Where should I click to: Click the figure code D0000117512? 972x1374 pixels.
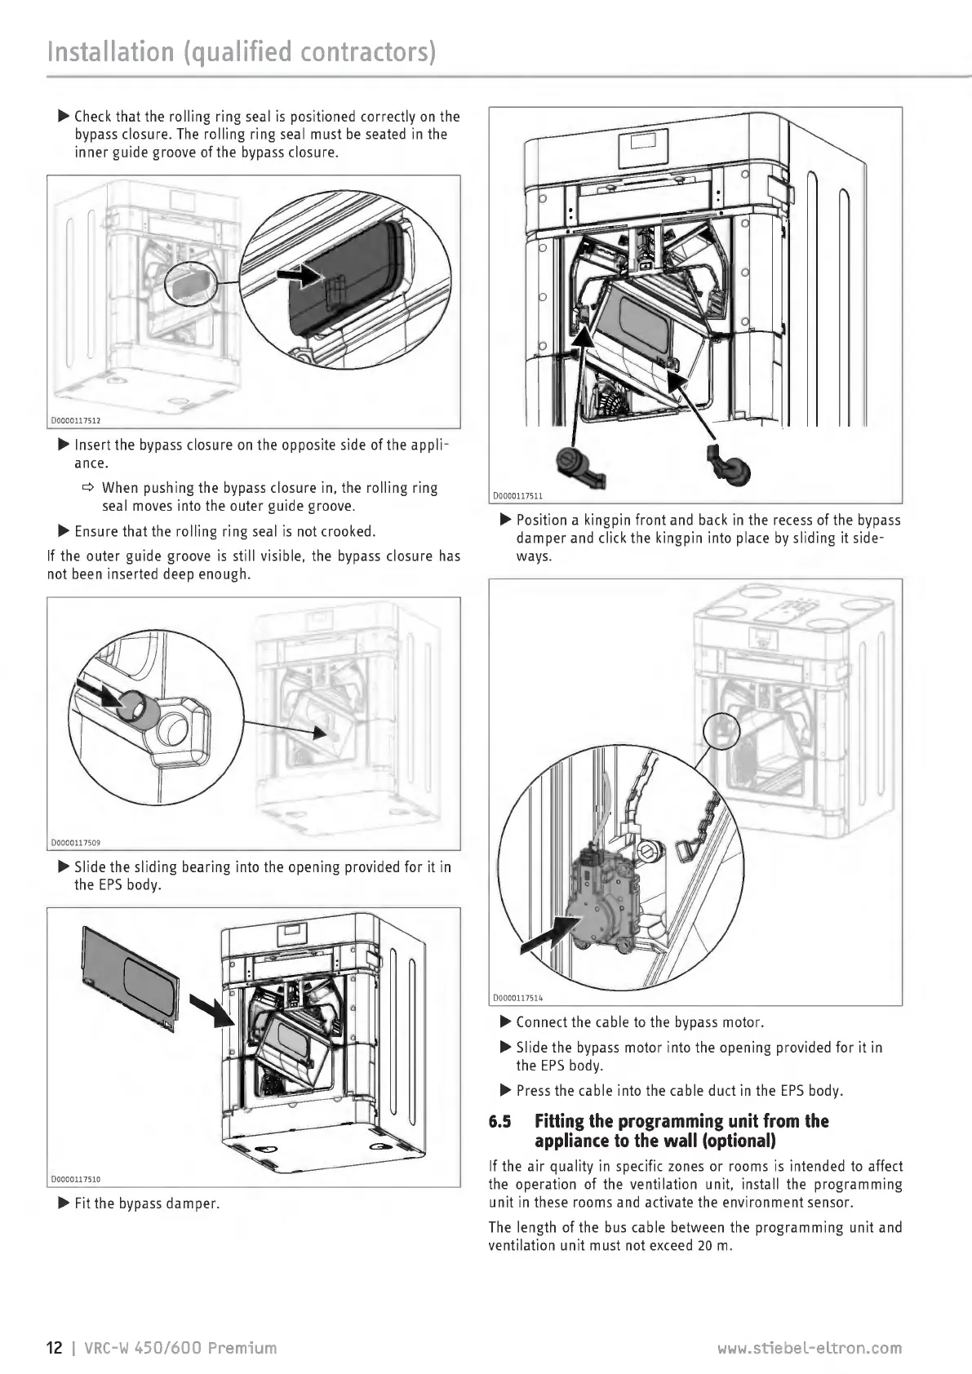click(x=76, y=421)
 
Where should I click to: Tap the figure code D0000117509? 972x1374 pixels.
click(x=76, y=843)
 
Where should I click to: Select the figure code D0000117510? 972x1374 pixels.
click(x=76, y=1179)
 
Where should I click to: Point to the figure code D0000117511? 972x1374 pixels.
click(x=518, y=495)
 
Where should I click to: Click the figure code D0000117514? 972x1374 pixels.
click(x=518, y=998)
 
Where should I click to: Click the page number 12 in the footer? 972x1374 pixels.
click(x=55, y=1348)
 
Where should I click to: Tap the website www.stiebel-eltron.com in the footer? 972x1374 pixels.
click(x=810, y=1348)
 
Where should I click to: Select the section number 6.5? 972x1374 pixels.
click(x=499, y=1122)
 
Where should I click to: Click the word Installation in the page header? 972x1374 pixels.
click(x=111, y=51)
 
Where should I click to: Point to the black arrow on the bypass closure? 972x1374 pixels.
click(x=300, y=274)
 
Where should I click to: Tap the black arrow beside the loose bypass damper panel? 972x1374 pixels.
click(x=211, y=1009)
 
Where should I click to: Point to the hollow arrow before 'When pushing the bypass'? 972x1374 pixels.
click(x=88, y=488)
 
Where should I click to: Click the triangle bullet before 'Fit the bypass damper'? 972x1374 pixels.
click(x=63, y=1203)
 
